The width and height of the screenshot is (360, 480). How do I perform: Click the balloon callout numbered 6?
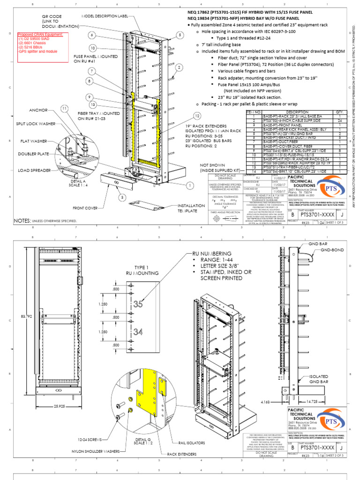tap(92, 35)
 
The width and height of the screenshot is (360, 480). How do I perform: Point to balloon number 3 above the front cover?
tap(122, 197)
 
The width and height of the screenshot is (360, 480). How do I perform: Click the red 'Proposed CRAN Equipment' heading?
tap(39, 35)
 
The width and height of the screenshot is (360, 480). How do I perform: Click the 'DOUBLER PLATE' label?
tap(33, 154)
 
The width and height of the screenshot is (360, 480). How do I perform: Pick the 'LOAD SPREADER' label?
tap(34, 171)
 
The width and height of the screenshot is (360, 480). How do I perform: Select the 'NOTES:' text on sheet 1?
tap(22, 220)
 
